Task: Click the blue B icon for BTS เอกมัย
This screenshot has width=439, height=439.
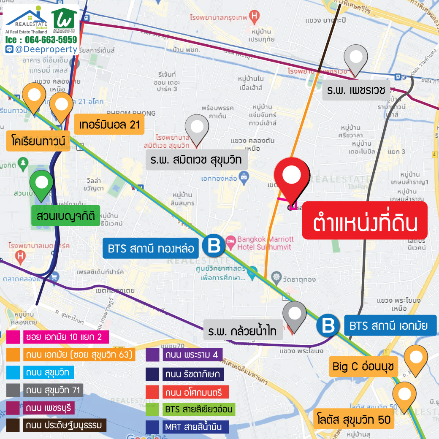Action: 329,325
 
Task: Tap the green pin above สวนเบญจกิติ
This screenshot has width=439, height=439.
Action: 42,185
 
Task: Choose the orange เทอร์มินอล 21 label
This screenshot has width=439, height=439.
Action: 109,125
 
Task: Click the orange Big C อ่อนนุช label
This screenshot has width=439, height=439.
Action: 363,367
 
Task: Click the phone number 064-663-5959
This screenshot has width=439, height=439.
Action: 51,40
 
